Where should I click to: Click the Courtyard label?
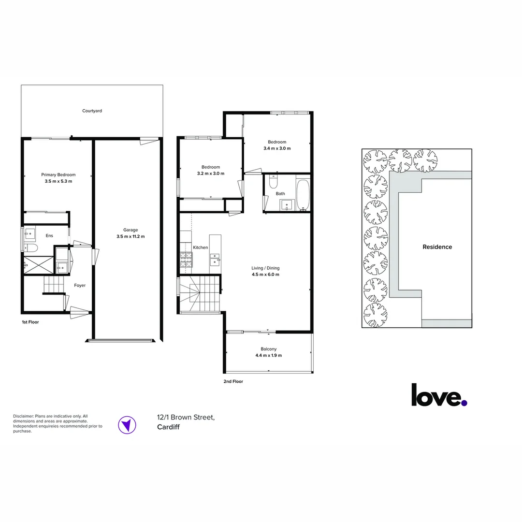pyautogui.click(x=92, y=111)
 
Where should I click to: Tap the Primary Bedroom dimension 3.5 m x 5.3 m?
pyautogui.click(x=58, y=181)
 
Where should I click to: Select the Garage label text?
pyautogui.click(x=130, y=230)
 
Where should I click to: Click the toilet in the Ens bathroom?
pyautogui.click(x=30, y=247)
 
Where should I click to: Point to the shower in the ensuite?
pyautogui.click(x=38, y=265)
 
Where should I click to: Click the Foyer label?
pyautogui.click(x=80, y=285)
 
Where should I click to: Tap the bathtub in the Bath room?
pyautogui.click(x=303, y=195)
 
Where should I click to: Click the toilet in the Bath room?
pyautogui.click(x=273, y=181)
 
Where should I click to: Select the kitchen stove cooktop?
pyautogui.click(x=186, y=260)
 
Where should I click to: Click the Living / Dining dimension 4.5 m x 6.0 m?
pyautogui.click(x=265, y=275)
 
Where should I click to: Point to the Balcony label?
pyautogui.click(x=268, y=349)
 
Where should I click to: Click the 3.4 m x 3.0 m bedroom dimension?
pyautogui.click(x=277, y=148)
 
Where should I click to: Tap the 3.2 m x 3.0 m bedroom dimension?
pyautogui.click(x=211, y=174)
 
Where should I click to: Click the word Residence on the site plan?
pyautogui.click(x=437, y=247)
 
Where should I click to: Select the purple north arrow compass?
pyautogui.click(x=127, y=425)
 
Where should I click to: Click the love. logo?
pyautogui.click(x=439, y=395)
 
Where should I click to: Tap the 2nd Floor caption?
pyautogui.click(x=233, y=381)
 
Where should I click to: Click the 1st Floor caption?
pyautogui.click(x=30, y=322)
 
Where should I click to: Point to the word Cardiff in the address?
pyautogui.click(x=168, y=427)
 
